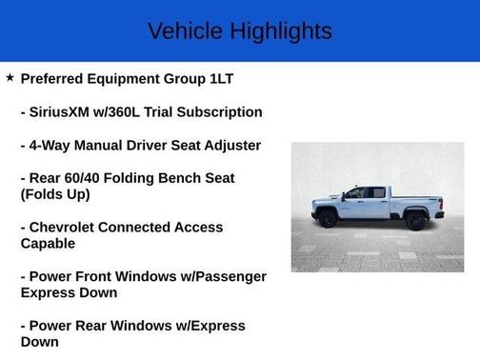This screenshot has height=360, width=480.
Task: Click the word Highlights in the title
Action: point(280,30)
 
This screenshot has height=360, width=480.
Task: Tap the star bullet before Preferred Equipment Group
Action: point(10,77)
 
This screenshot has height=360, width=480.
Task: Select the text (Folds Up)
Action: point(55,193)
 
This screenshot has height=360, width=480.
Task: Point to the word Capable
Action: point(49,244)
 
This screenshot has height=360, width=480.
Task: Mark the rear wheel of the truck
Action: point(415,220)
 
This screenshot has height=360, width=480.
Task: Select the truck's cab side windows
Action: point(367,192)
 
